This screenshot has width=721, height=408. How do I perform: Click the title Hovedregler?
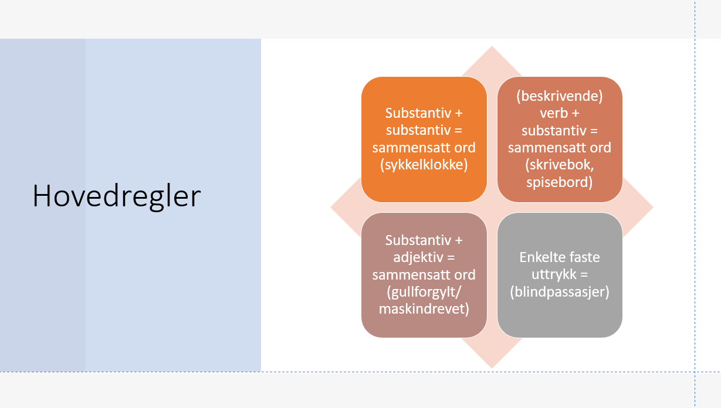click(x=117, y=196)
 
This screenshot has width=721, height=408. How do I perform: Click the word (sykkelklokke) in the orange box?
click(x=424, y=165)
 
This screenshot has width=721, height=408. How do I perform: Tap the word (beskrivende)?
click(x=560, y=96)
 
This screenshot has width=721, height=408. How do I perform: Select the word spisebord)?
click(x=560, y=182)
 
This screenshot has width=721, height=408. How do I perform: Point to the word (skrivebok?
click(x=560, y=165)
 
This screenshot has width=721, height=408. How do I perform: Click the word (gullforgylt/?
click(x=424, y=292)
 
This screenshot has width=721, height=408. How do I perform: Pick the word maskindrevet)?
click(x=424, y=309)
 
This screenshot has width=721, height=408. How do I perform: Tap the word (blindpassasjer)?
click(x=560, y=291)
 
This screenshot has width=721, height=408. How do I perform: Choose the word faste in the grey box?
click(x=583, y=257)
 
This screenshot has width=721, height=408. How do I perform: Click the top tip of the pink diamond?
click(x=492, y=48)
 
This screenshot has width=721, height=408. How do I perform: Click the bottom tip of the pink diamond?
click(x=492, y=366)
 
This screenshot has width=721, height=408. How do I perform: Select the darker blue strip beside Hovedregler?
click(x=42, y=205)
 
